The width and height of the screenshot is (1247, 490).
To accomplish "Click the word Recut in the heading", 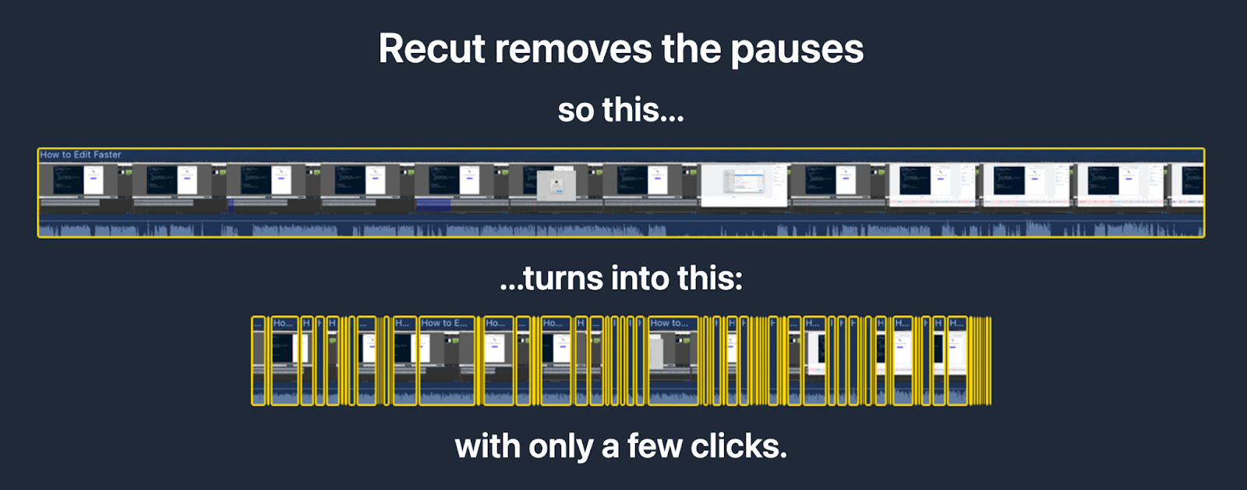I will [432, 49].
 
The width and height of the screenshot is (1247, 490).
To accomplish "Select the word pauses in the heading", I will [797, 49].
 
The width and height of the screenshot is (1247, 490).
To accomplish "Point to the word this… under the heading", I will [643, 110].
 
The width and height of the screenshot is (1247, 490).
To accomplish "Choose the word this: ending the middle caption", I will [709, 279].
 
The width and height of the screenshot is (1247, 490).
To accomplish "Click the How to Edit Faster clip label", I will [80, 154].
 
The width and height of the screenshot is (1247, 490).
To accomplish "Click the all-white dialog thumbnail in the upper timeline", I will [744, 186].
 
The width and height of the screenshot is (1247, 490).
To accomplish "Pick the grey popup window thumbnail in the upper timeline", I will [556, 186].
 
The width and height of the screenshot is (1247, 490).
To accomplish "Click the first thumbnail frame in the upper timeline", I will [85, 186].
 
